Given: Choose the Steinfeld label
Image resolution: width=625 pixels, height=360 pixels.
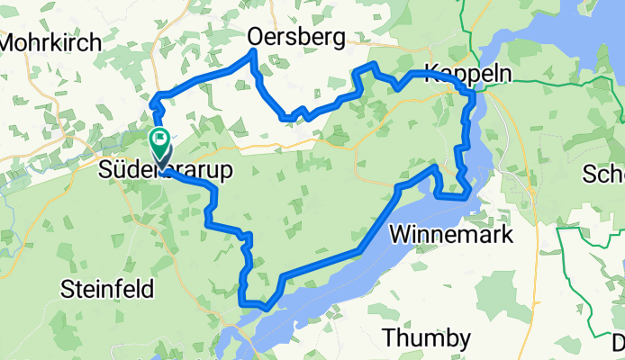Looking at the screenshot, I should (107, 289).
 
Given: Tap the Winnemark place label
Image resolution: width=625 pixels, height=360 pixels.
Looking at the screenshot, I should (452, 235).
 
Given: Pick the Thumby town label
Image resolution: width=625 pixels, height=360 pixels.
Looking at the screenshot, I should (426, 338).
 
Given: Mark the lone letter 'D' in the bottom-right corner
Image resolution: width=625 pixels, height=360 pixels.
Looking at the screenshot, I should (619, 343).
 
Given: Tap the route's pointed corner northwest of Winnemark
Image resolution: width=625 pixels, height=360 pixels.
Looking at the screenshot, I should (436, 167).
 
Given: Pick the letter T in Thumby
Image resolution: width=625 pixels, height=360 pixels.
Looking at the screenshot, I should (389, 338).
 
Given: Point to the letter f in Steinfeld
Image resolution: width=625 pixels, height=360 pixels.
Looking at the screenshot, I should (131, 289).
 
